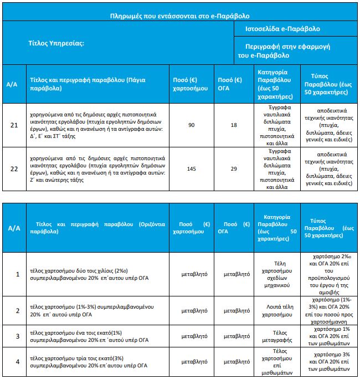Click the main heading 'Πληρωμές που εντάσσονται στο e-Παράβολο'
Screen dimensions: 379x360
[180, 17]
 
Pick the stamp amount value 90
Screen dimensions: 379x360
[192, 125]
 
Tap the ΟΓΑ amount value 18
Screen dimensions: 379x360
[233, 125]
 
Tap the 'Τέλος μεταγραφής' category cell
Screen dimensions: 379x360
[276, 336]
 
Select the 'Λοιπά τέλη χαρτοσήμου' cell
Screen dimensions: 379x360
[276, 310]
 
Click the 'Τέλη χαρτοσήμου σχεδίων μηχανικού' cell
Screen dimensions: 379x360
[276, 274]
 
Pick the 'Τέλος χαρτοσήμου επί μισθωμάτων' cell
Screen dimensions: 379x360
[276, 362]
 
